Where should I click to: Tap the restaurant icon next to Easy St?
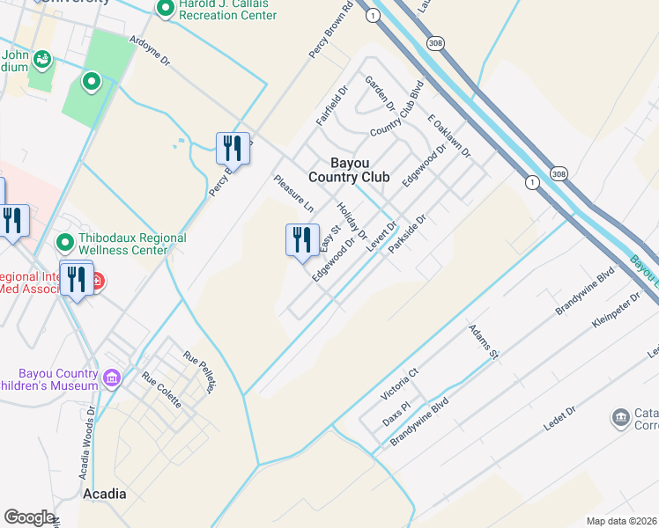[x=301, y=239]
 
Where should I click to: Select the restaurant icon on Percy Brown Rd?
[x=233, y=147]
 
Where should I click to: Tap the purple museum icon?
[x=111, y=378]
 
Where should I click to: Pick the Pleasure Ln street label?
[x=293, y=194]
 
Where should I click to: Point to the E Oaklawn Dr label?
[x=449, y=136]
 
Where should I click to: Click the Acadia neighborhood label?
[x=104, y=494]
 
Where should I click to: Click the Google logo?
[x=29, y=517]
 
